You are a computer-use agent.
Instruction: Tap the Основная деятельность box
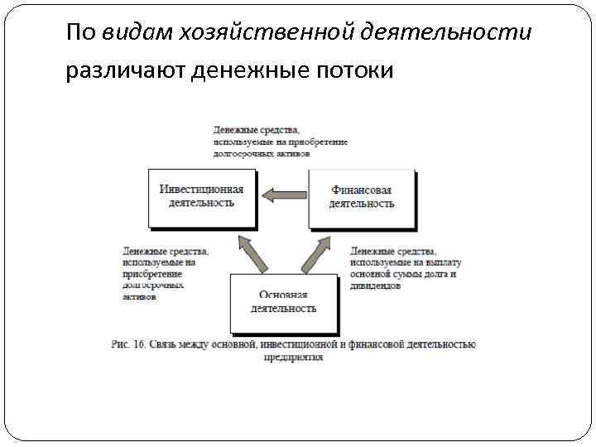(283, 301)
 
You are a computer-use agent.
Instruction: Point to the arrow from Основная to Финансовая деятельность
(315, 252)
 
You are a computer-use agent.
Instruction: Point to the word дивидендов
(376, 286)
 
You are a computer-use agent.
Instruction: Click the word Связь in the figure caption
(166, 344)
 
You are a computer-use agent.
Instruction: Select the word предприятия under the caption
(294, 358)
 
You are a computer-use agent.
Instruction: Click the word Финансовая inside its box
(361, 190)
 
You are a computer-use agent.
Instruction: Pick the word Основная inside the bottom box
(283, 295)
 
